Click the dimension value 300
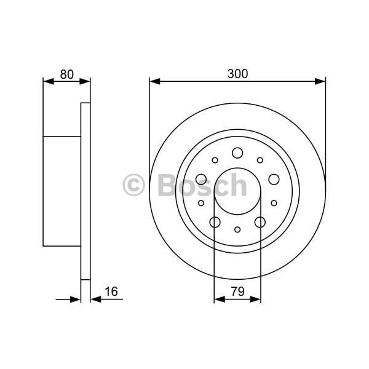[237, 74]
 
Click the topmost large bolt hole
[237, 153]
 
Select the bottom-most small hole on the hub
[237, 229]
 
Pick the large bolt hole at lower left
[215, 222]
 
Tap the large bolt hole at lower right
[260, 222]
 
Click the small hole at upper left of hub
[215, 160]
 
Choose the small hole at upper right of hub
[260, 160]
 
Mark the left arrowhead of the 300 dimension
[154, 81]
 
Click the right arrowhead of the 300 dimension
[320, 81]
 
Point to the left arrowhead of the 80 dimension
[47, 81]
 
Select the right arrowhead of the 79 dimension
[256, 300]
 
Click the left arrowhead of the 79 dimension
[218, 300]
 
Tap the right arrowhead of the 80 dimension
[86, 81]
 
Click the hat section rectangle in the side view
[61, 191]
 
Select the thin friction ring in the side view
[85, 191]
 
